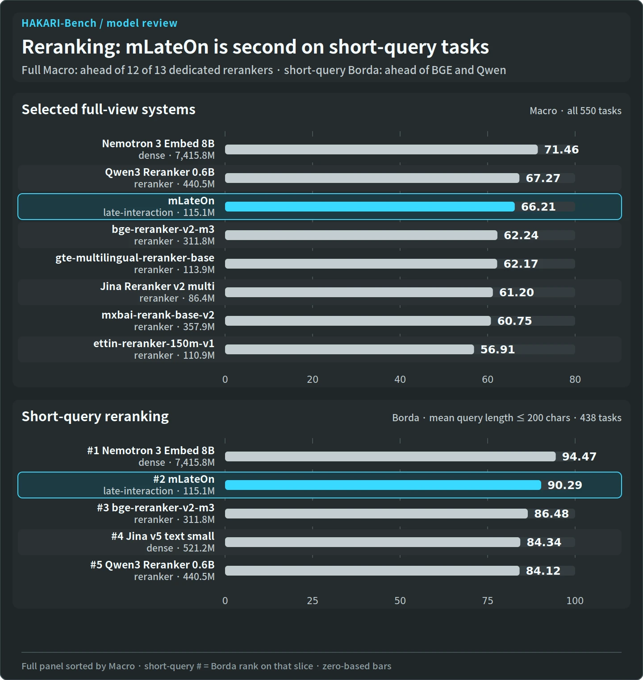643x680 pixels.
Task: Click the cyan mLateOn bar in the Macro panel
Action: (x=370, y=207)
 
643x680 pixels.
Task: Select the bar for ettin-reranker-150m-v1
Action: (x=350, y=349)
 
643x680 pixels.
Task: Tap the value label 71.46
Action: (x=561, y=149)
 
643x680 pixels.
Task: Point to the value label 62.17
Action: (x=521, y=264)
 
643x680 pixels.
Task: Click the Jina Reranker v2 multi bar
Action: (x=359, y=292)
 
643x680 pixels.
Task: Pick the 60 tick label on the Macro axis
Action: (x=488, y=379)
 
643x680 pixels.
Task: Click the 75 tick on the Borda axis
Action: (x=488, y=601)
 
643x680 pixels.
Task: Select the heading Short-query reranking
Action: (x=95, y=416)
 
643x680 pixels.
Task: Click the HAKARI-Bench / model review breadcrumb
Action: (x=100, y=23)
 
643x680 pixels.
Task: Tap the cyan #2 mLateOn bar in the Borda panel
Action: (x=383, y=485)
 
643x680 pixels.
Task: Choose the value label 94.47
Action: (x=579, y=456)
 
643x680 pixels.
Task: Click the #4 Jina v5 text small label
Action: (x=163, y=536)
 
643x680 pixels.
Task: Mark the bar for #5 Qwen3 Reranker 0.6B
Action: (x=372, y=571)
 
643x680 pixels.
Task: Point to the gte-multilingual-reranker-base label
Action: (x=135, y=258)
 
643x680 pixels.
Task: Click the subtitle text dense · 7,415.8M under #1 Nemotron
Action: (x=176, y=463)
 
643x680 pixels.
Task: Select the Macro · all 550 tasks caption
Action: (x=576, y=111)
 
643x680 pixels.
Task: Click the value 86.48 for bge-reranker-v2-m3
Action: (x=551, y=514)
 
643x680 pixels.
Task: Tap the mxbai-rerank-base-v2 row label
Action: (x=158, y=315)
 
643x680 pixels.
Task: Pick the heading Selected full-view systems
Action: (x=109, y=109)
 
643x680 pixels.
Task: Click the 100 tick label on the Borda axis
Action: (x=575, y=601)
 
